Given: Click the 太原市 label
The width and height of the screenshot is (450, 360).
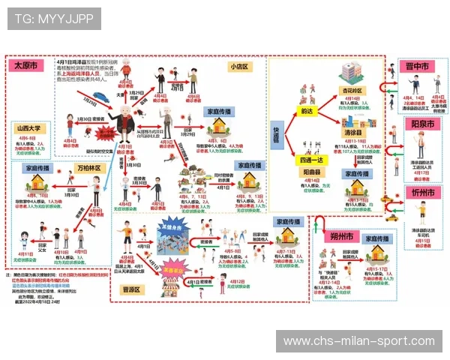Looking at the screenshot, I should [x=25, y=66].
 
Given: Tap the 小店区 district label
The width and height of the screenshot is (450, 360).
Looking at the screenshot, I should [x=239, y=66].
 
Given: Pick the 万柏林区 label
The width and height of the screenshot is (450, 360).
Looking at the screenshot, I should [x=88, y=169].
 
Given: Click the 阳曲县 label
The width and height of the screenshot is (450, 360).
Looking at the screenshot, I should [x=312, y=170].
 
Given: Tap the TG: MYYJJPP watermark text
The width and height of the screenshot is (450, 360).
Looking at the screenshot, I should [x=53, y=19].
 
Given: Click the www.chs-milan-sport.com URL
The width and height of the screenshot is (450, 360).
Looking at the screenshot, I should [x=358, y=341].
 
